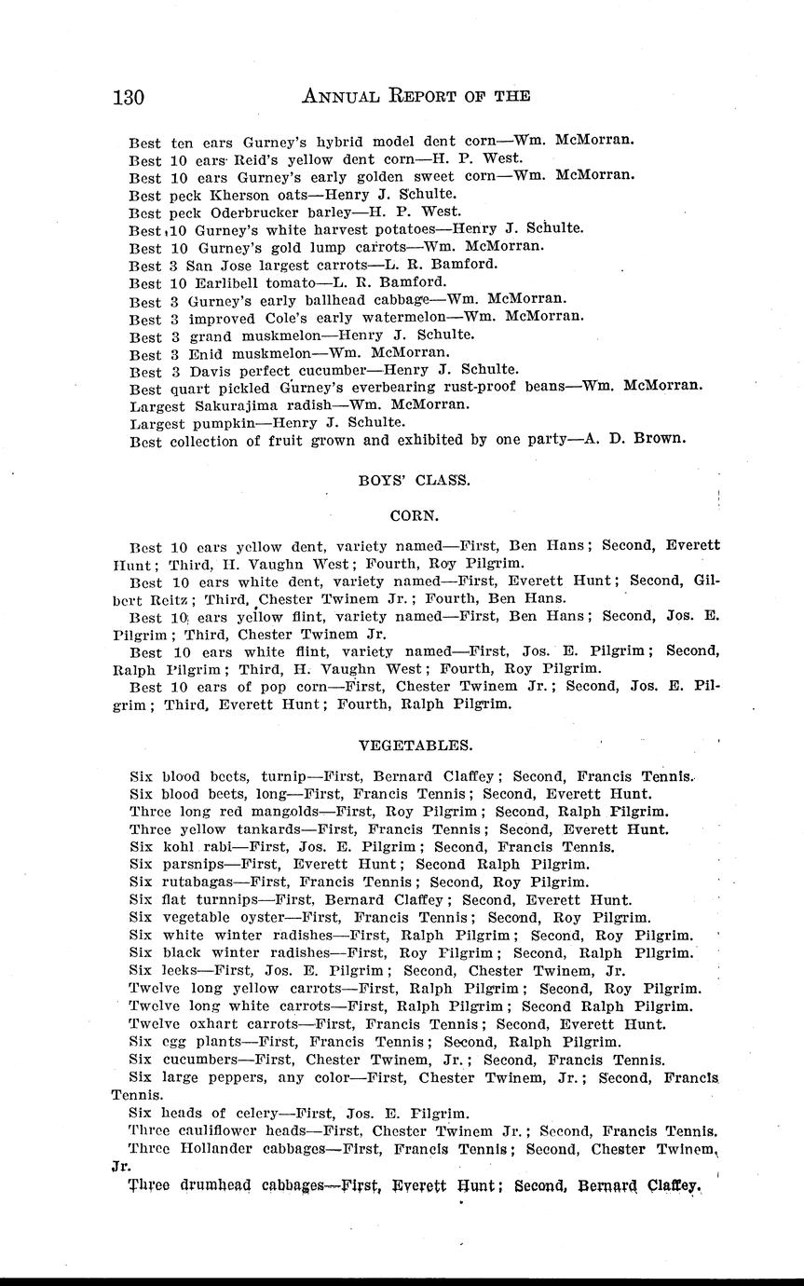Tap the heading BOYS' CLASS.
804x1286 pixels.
pyautogui.click(x=414, y=481)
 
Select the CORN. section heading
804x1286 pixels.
pyautogui.click(x=414, y=513)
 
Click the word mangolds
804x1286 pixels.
pyautogui.click(x=258, y=812)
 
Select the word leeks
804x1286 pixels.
pyautogui.click(x=180, y=971)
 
